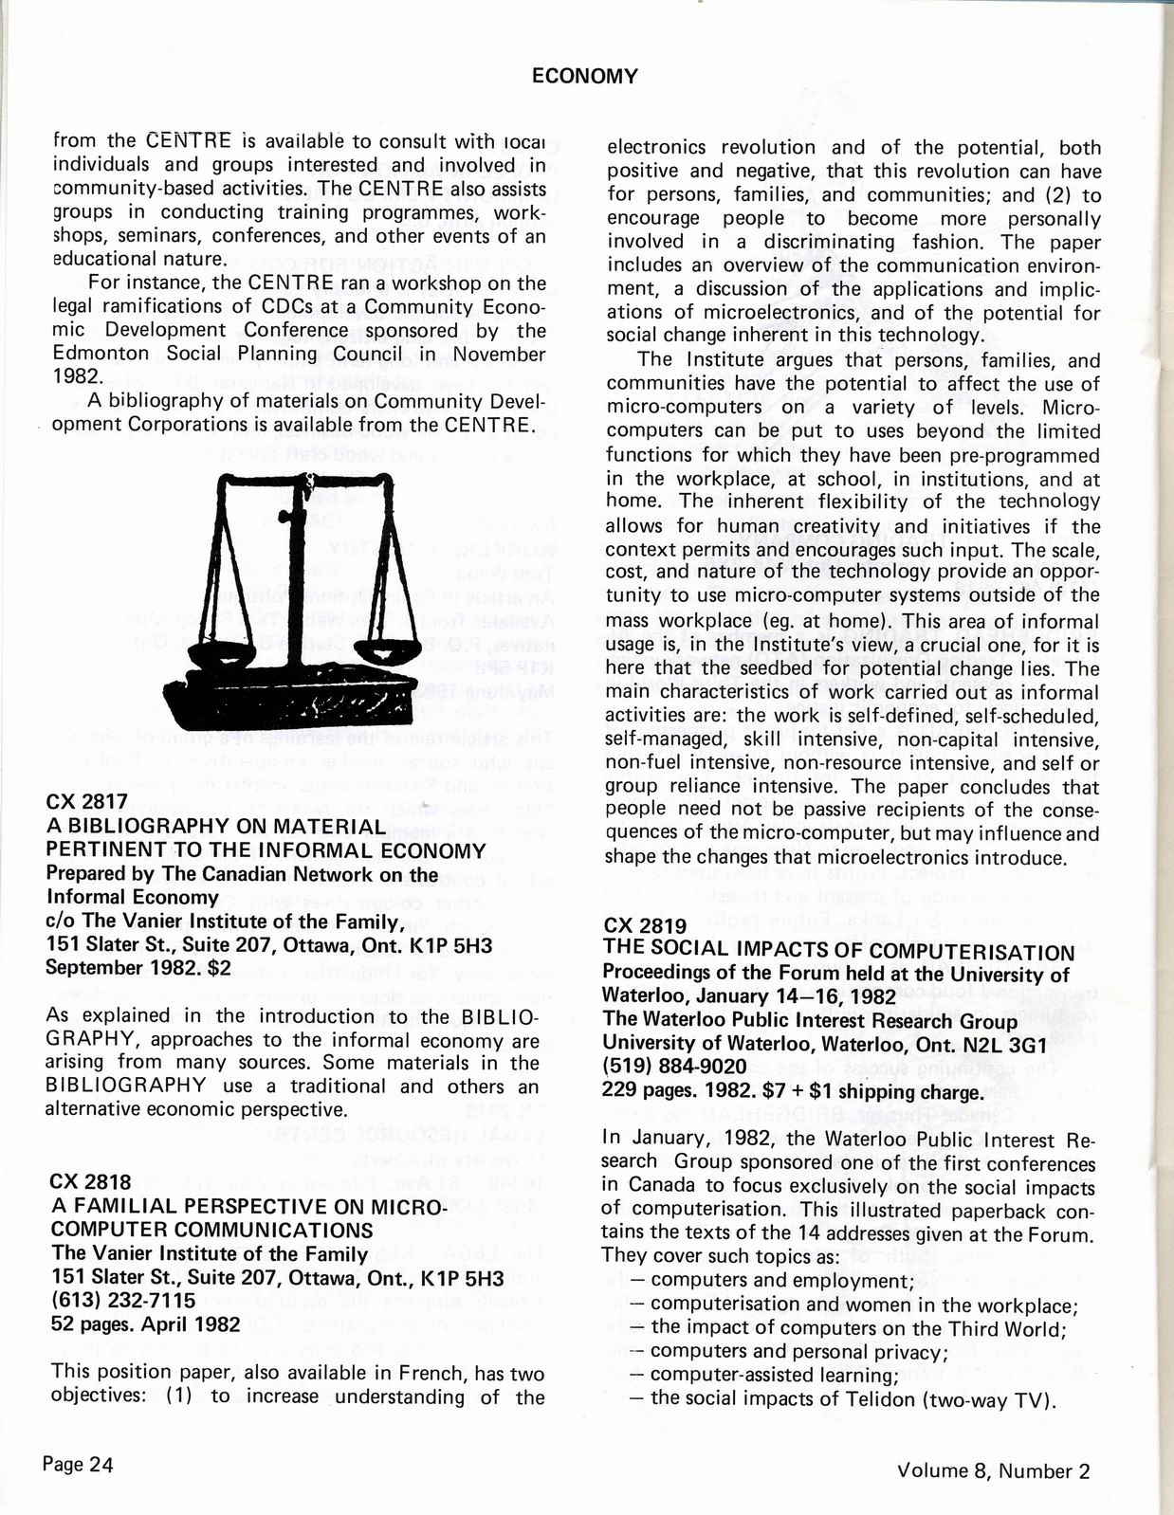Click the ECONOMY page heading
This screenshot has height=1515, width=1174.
click(x=584, y=77)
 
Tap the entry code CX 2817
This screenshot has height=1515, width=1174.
click(x=86, y=802)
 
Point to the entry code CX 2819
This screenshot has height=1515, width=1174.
click(x=644, y=926)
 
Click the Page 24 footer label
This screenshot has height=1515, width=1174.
click(x=78, y=1464)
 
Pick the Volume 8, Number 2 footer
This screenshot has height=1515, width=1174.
click(x=993, y=1470)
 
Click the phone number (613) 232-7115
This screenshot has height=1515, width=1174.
click(x=122, y=1300)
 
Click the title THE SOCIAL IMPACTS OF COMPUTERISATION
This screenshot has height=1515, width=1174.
click(x=838, y=951)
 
